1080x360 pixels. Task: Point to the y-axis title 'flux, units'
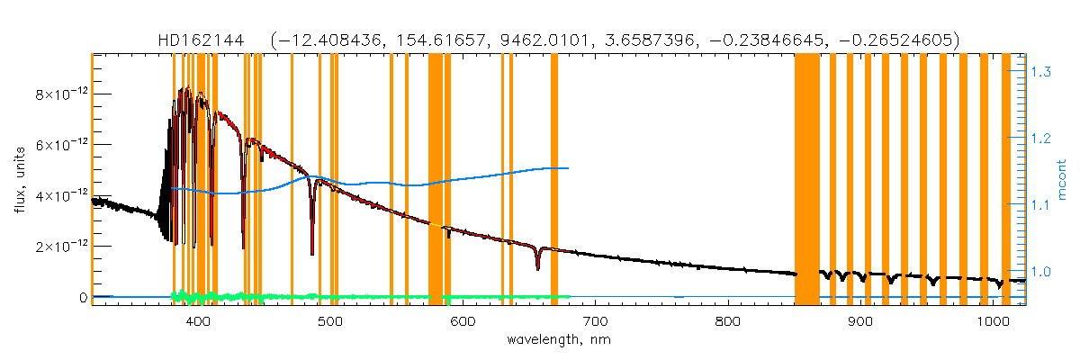[x=20, y=180]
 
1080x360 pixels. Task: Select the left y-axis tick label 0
[x=82, y=297]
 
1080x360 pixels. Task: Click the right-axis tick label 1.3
[x=1041, y=71]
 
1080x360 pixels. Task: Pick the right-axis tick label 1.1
[x=1041, y=205]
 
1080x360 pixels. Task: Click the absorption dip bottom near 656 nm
[x=537, y=267]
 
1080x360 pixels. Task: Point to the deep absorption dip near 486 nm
[x=312, y=253]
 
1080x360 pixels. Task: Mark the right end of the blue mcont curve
[x=568, y=168]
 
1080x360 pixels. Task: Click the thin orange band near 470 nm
[x=292, y=180]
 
